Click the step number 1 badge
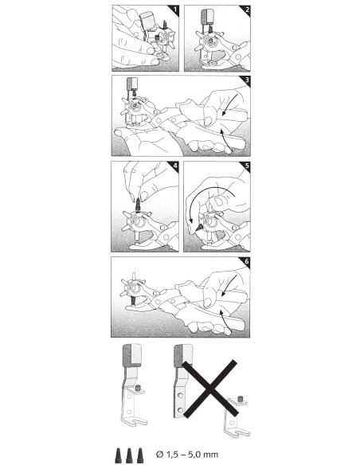[x=175, y=10]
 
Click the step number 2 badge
[x=247, y=10]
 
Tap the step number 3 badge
[x=247, y=80]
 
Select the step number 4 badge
[x=175, y=166]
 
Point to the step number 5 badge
[x=247, y=166]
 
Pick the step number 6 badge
[x=246, y=262]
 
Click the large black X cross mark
[x=210, y=389]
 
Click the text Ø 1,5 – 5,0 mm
[x=187, y=454]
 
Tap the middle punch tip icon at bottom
[x=129, y=455]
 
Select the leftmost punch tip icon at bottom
[x=119, y=455]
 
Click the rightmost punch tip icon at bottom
[x=140, y=455]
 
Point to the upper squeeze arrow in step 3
[x=230, y=105]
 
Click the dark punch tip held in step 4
[x=138, y=205]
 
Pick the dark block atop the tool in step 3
[x=131, y=84]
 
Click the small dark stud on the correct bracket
[x=138, y=388]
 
